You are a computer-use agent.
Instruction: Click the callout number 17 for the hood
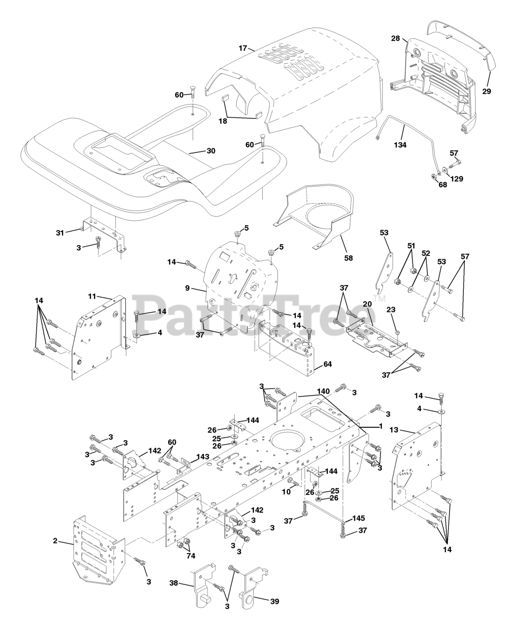click(x=242, y=48)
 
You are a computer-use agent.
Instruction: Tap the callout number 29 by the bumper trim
click(x=486, y=91)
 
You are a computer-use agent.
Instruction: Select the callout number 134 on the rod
click(x=400, y=145)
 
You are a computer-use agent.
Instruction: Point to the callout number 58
click(x=348, y=257)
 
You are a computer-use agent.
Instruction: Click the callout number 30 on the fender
click(x=210, y=151)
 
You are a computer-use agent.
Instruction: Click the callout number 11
click(x=92, y=296)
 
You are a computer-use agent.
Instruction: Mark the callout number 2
click(x=55, y=541)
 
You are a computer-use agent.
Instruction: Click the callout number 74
click(x=190, y=556)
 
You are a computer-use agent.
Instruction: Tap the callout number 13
click(x=407, y=429)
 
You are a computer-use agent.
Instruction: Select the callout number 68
click(x=429, y=185)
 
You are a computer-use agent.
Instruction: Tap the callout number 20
click(x=366, y=304)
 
